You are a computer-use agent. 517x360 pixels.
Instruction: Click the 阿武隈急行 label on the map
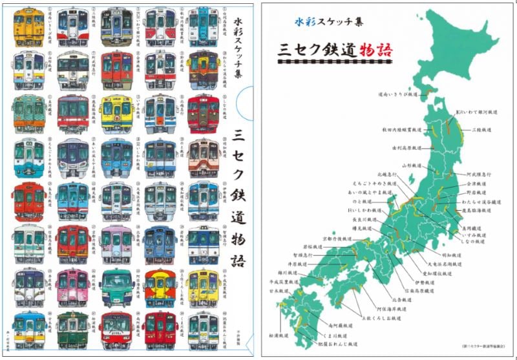[479, 174]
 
